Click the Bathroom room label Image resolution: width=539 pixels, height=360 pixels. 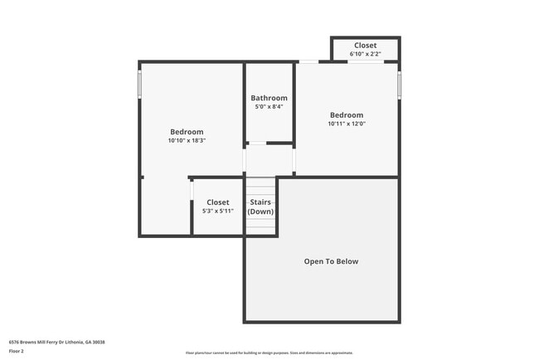269,98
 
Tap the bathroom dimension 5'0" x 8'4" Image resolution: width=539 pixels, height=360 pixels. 269,107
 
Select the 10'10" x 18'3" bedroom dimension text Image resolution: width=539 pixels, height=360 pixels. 187,141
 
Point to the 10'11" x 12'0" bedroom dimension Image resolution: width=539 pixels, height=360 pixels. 347,124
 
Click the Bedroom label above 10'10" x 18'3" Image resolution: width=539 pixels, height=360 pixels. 187,132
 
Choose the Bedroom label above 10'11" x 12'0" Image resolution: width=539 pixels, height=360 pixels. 347,115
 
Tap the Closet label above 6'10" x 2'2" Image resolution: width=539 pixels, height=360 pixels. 365,46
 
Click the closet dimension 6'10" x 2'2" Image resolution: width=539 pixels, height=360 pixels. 365,54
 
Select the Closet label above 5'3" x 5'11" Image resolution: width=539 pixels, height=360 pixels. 218,202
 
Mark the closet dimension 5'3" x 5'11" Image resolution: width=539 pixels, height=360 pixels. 218,212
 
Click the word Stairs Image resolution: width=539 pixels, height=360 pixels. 260,202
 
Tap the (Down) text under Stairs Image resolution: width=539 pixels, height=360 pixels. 260,212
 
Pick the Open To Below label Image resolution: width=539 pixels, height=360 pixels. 331,261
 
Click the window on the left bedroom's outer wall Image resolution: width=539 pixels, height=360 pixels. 140,83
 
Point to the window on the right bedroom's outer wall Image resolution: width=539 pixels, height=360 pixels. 399,84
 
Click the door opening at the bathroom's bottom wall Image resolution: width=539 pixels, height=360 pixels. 258,144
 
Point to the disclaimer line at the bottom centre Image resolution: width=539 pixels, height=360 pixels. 269,353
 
